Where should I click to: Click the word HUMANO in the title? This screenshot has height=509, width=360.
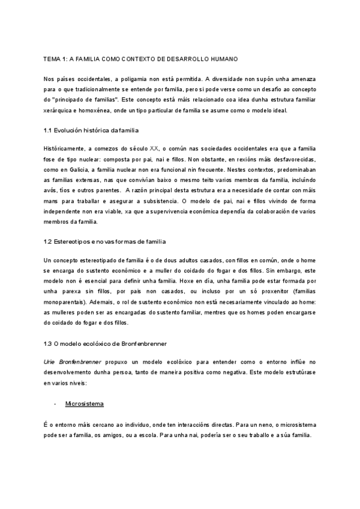(223, 59)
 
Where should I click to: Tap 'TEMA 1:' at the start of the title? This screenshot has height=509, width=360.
(55, 59)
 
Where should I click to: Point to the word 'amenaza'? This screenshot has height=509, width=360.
(301, 79)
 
